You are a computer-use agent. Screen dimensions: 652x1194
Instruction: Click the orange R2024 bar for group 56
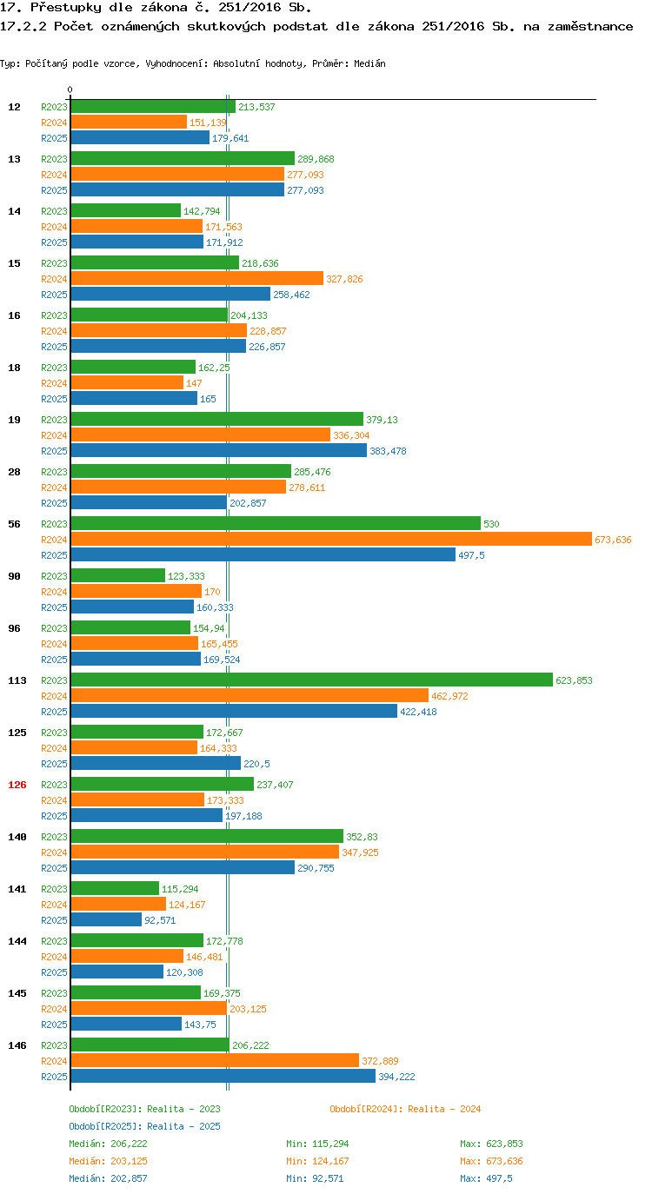pos(331,540)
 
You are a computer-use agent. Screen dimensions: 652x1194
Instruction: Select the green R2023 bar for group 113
pos(312,680)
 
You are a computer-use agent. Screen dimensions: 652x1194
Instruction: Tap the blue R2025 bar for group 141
pos(106,919)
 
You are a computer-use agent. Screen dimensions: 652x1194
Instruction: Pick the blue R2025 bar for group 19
pos(218,450)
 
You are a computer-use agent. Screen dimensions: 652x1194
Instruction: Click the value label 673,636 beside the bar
pos(613,540)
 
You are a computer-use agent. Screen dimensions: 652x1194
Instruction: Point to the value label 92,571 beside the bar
pos(160,920)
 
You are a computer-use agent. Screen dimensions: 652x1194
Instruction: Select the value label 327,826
pos(344,279)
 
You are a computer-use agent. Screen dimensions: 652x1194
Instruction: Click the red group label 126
pos(17,785)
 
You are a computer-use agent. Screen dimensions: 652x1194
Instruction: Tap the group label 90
pos(15,576)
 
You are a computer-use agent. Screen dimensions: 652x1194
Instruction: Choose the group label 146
pos(17,1045)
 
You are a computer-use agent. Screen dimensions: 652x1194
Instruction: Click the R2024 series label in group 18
pos(55,383)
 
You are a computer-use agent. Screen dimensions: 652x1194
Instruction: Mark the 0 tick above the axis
pos(70,90)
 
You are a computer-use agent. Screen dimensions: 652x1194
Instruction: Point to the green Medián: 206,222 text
pos(108,1144)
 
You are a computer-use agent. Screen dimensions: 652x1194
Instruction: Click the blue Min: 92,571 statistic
pos(315,1178)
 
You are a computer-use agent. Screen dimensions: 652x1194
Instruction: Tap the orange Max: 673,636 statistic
pos(491,1160)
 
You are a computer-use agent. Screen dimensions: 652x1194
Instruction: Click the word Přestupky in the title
pos(65,8)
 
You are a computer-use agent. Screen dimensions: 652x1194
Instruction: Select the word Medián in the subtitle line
pos(369,63)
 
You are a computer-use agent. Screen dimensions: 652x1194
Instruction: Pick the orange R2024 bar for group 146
pos(215,1060)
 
